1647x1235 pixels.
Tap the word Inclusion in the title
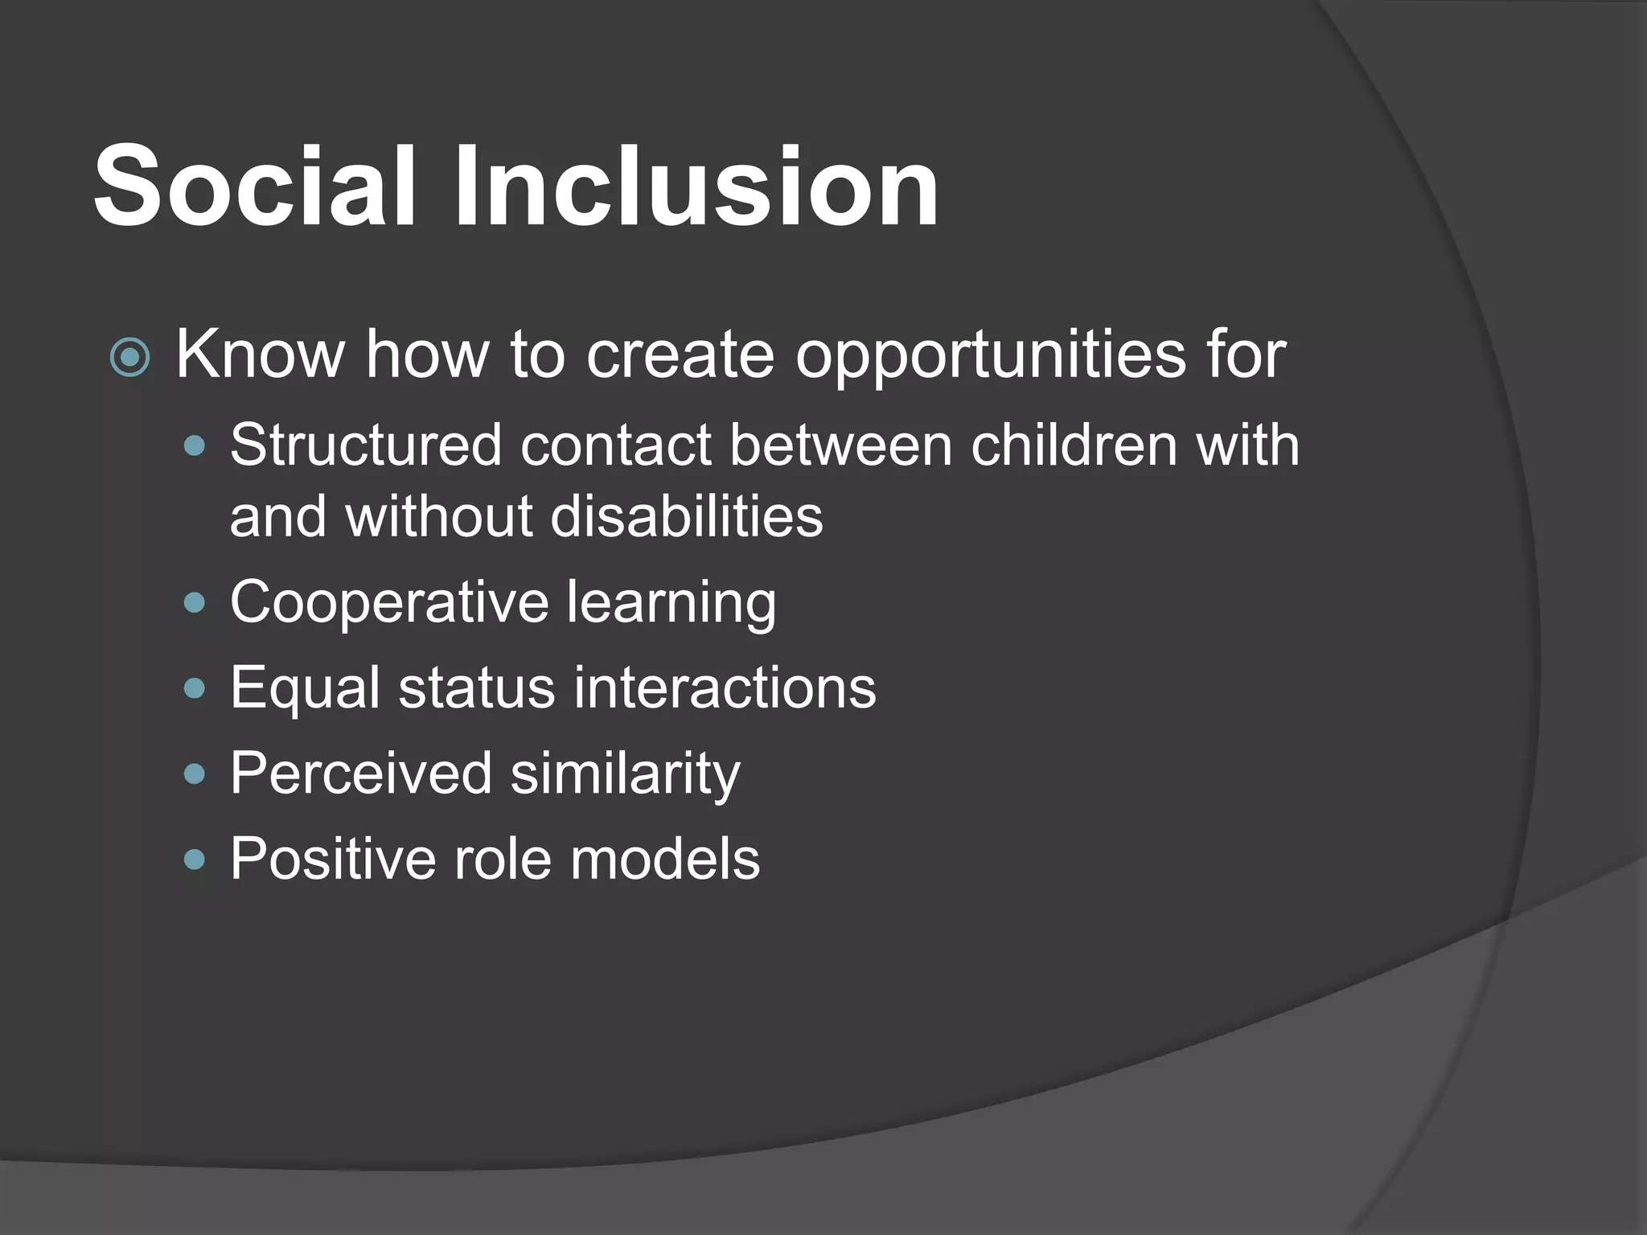[x=696, y=187]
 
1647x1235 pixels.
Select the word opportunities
[x=990, y=355]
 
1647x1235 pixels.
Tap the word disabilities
[x=687, y=516]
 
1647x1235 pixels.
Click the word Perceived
[x=361, y=774]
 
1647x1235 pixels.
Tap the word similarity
[x=625, y=774]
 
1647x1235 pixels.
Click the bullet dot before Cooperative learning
[x=195, y=603]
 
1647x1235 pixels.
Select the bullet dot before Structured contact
[x=195, y=445]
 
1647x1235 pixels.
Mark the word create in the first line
[x=680, y=355]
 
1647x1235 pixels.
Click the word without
[x=439, y=516]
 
